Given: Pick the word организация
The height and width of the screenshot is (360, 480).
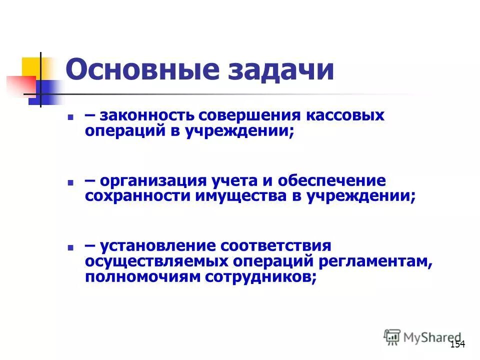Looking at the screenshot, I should (153, 180).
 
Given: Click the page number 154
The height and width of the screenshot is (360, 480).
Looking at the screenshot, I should (457, 344).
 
